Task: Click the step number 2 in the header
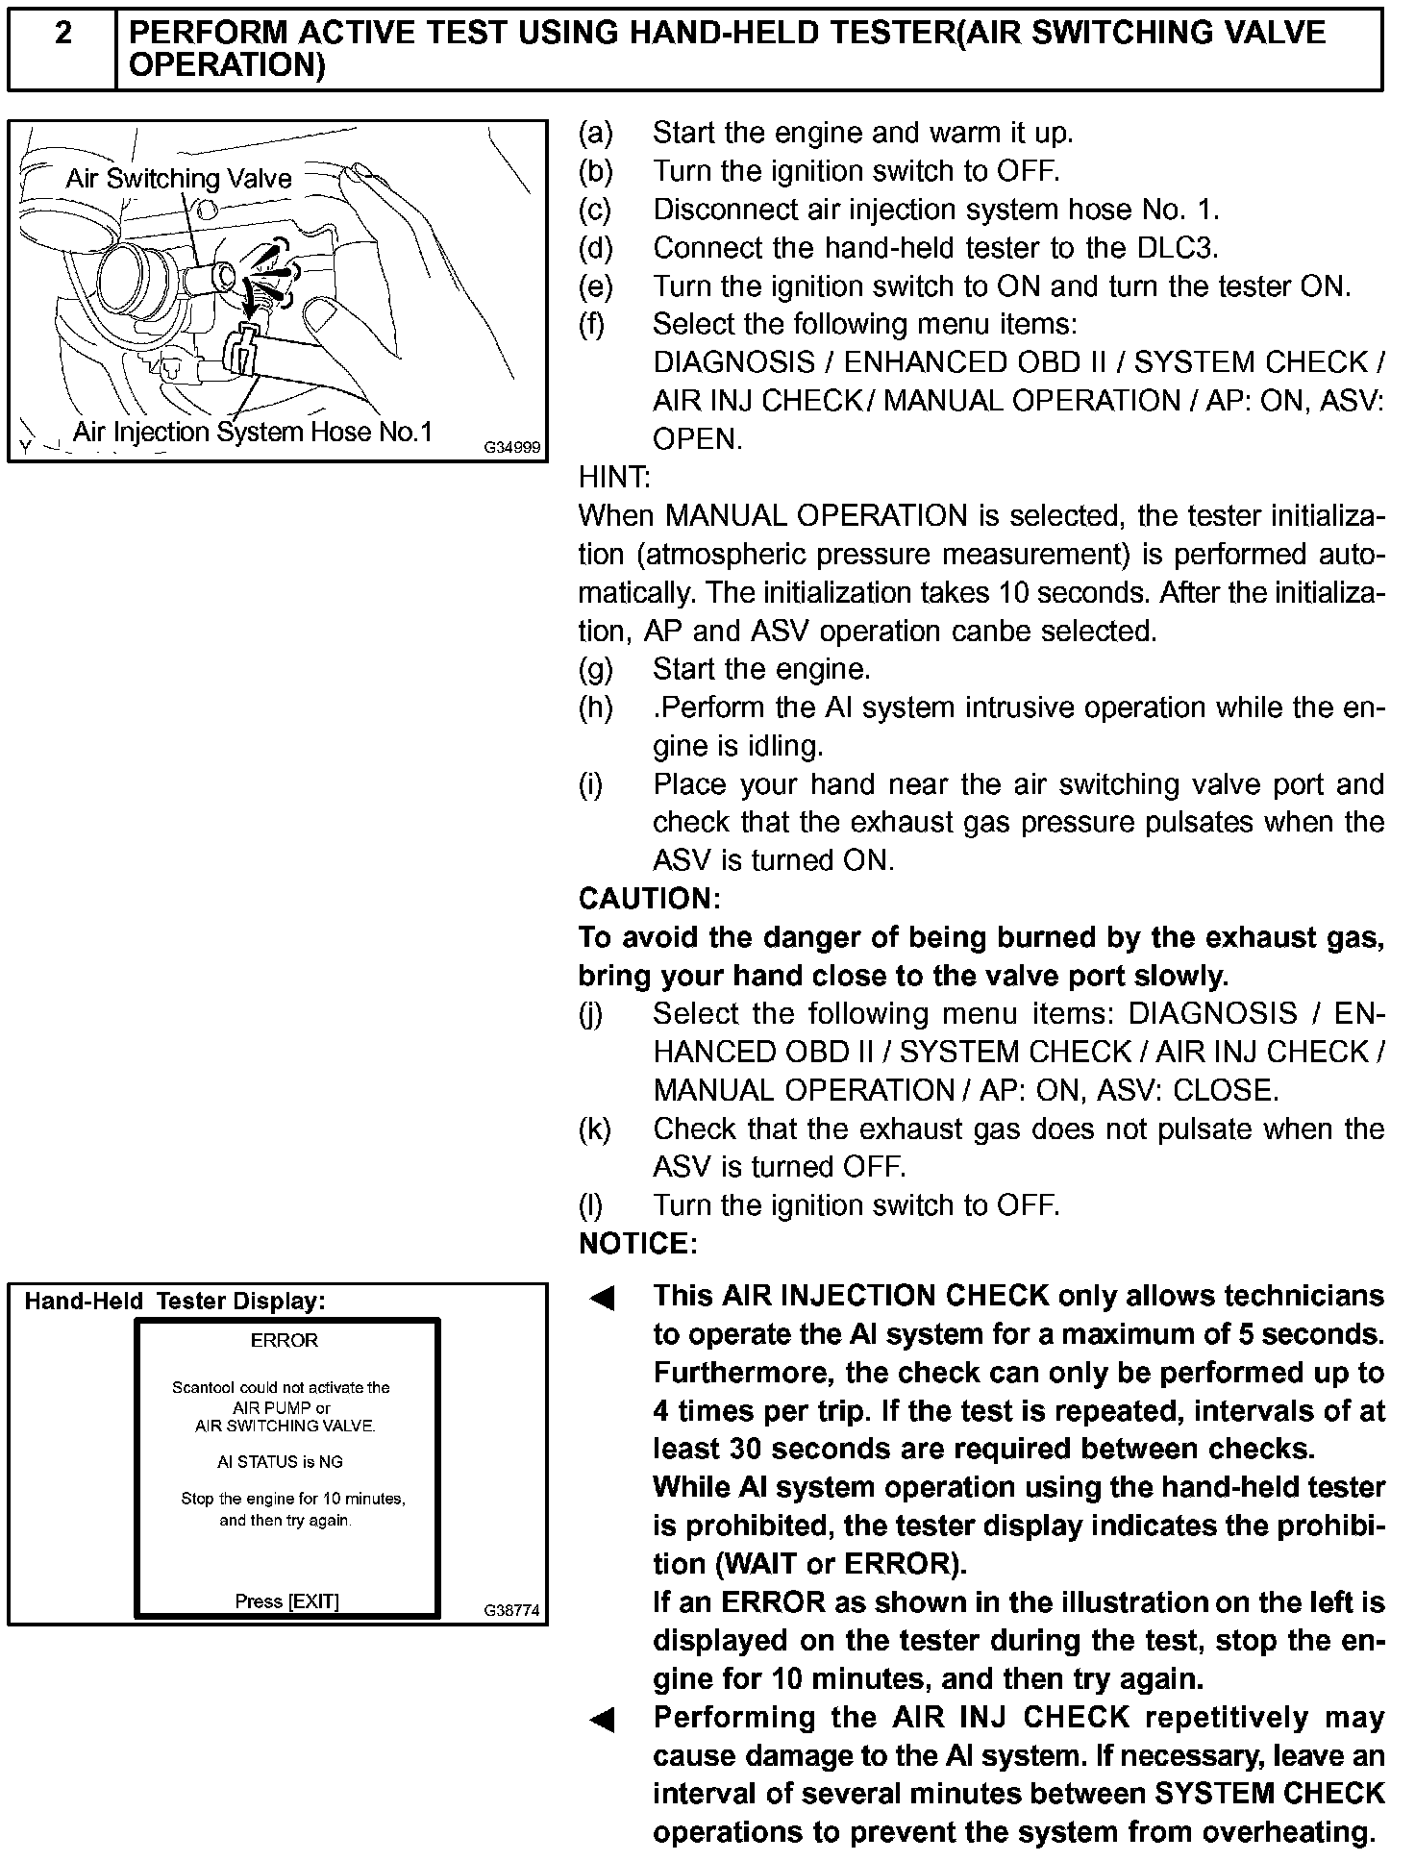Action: point(62,35)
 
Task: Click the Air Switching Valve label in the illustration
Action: point(179,178)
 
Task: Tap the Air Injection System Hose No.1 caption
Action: point(253,432)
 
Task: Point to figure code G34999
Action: point(511,448)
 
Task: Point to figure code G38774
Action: point(511,1610)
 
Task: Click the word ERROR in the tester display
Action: point(284,1340)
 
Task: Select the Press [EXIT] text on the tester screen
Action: point(286,1601)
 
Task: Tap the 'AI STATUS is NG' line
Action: point(280,1462)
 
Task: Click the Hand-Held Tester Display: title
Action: point(175,1302)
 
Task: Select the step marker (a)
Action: point(595,133)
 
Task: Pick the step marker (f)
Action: point(592,324)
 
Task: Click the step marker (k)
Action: point(595,1129)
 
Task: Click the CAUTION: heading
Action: point(649,899)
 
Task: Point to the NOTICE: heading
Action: point(637,1244)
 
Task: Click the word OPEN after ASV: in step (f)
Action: point(696,439)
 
